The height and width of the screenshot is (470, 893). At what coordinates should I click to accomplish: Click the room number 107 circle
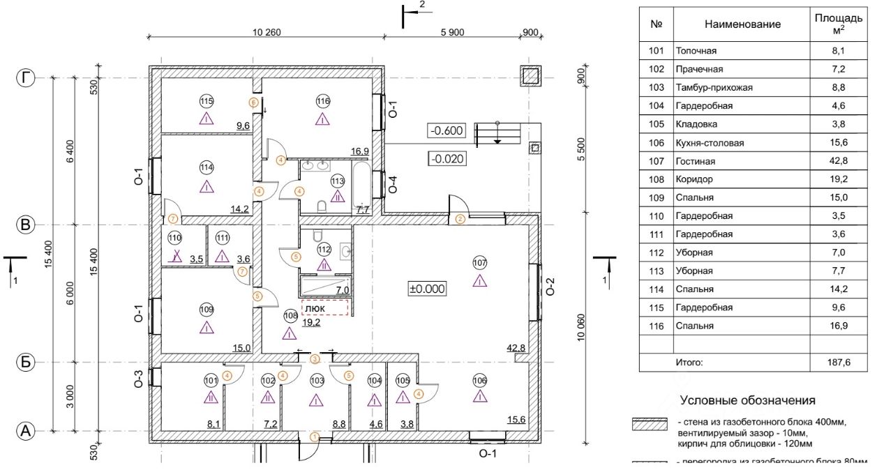coord(479,263)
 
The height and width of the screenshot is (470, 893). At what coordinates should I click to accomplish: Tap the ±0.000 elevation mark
coord(427,287)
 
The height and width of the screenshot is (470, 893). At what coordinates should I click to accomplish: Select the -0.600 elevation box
coord(446,131)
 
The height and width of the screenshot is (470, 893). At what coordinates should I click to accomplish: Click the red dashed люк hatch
coord(324,308)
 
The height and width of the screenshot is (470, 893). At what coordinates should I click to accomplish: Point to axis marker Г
coord(26,78)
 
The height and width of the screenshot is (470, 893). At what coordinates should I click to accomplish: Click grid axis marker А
coord(26,432)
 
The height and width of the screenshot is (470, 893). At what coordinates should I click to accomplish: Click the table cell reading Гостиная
coord(695,161)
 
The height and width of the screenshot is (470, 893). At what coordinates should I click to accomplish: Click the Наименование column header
coord(742,24)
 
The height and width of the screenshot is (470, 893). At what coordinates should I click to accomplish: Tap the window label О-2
coord(550,287)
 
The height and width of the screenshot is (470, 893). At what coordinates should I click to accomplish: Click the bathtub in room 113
coord(362,185)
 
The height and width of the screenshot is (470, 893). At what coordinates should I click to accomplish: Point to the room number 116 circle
coord(322,101)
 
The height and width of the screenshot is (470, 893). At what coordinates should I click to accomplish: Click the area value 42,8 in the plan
coord(517,348)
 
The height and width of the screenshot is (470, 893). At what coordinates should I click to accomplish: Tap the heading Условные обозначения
coord(747,400)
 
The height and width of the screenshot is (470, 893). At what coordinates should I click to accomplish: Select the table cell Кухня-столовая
coord(710,143)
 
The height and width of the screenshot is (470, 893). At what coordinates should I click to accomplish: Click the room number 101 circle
coord(211,381)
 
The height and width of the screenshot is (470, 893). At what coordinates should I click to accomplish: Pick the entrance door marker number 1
coord(314,437)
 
